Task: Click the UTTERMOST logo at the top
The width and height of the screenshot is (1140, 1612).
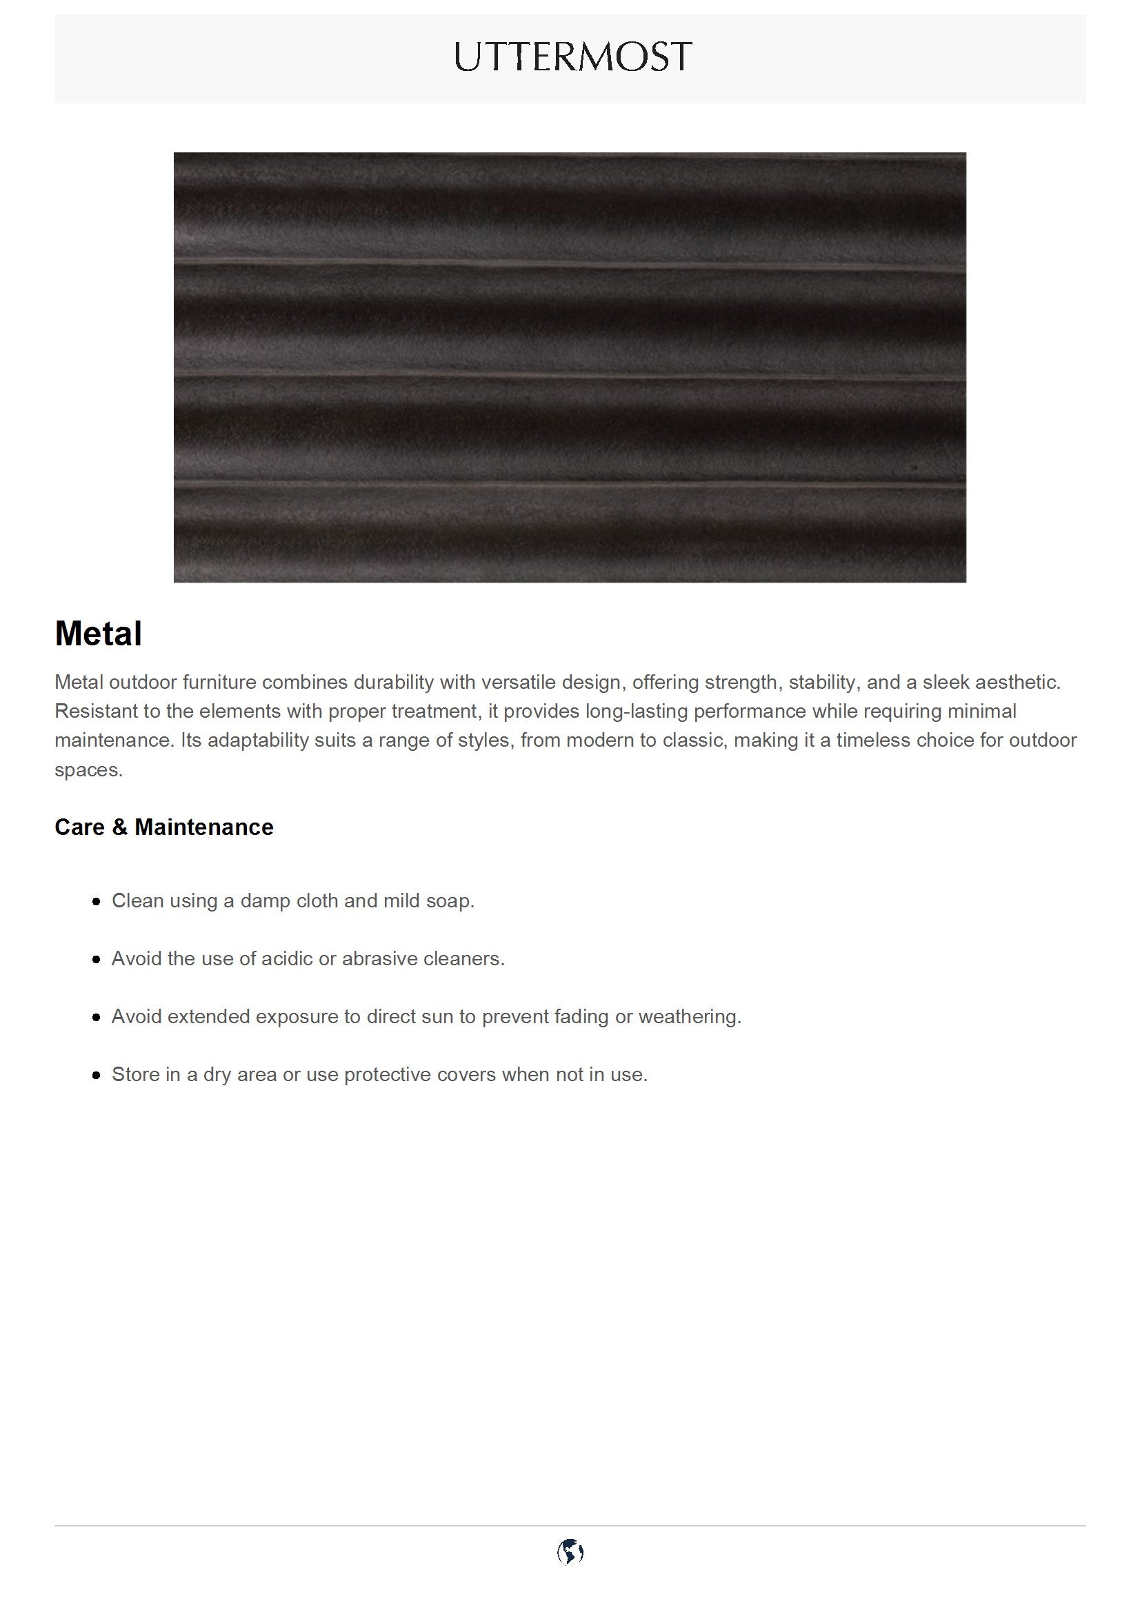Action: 573,57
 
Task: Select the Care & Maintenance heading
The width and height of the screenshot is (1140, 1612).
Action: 163,827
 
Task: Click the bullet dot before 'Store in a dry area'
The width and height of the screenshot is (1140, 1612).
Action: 97,1075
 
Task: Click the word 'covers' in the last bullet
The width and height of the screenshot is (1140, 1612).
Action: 468,1075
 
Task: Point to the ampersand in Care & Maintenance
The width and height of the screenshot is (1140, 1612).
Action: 119,827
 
